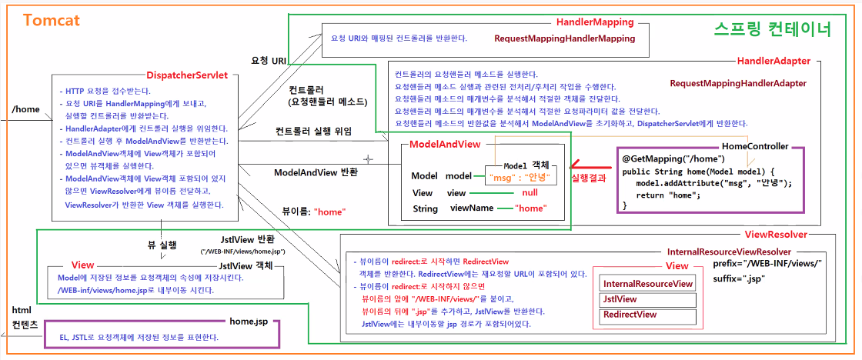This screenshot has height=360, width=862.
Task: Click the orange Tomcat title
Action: point(52,20)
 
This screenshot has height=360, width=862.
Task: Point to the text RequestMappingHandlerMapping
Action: point(564,38)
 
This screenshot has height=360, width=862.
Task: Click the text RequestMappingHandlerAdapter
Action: point(738,83)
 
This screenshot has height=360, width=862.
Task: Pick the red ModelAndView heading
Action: point(446,145)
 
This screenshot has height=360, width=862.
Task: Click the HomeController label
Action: point(755,146)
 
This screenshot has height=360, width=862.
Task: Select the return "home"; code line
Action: point(670,195)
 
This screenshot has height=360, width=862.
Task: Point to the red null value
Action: point(529,192)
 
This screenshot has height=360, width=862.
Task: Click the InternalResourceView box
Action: point(647,284)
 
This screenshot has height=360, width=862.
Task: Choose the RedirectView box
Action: point(630,315)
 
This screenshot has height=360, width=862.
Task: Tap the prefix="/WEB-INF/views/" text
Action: point(768,264)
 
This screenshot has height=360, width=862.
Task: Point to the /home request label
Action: point(25,109)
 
